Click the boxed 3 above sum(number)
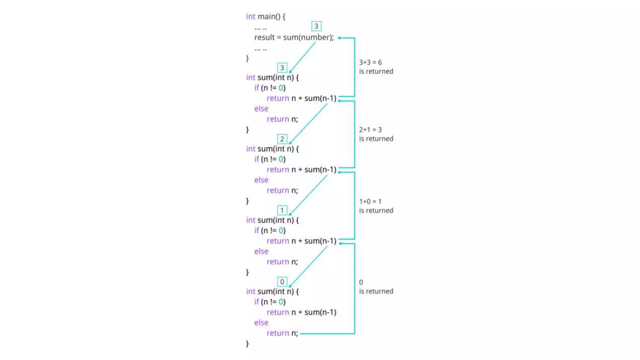pyautogui.click(x=316, y=26)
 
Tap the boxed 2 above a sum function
pyautogui.click(x=282, y=139)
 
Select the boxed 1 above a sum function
pyautogui.click(x=282, y=210)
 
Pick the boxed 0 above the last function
pyautogui.click(x=282, y=282)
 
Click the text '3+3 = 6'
pyautogui.click(x=370, y=62)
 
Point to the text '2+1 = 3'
pyautogui.click(x=370, y=130)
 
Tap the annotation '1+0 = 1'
pyautogui.click(x=370, y=202)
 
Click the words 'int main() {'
pyautogui.click(x=265, y=16)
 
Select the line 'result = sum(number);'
pyautogui.click(x=294, y=37)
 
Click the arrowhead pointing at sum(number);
pyautogui.click(x=339, y=38)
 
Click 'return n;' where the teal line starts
pyautogui.click(x=282, y=333)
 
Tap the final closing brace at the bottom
pyautogui.click(x=247, y=344)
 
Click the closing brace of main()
pyautogui.click(x=247, y=58)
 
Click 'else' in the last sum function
pyautogui.click(x=261, y=322)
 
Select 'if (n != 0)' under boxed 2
pyautogui.click(x=270, y=159)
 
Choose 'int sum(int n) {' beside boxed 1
pyautogui.click(x=272, y=220)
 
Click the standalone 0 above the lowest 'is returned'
pyautogui.click(x=361, y=282)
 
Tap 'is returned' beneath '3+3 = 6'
pyautogui.click(x=376, y=72)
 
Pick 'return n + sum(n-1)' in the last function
pyautogui.click(x=301, y=312)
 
